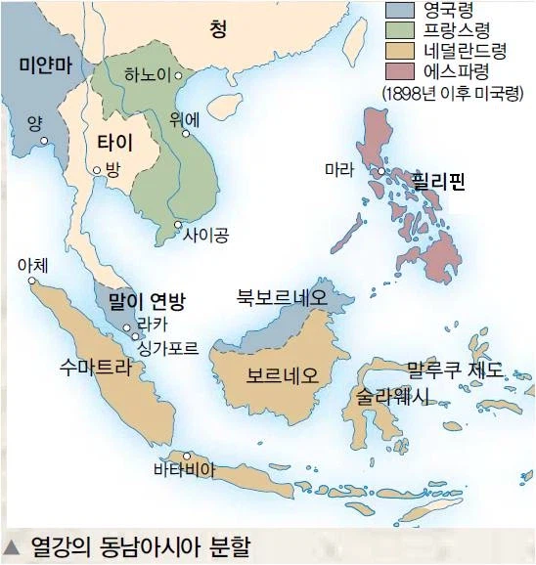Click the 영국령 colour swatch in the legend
pyautogui.click(x=401, y=12)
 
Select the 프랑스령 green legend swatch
pyautogui.click(x=401, y=32)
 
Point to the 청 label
pyautogui.click(x=218, y=30)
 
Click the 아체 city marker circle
pyautogui.click(x=33, y=281)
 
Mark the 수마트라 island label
pyautogui.click(x=94, y=367)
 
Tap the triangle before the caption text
pyautogui.click(x=13, y=543)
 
